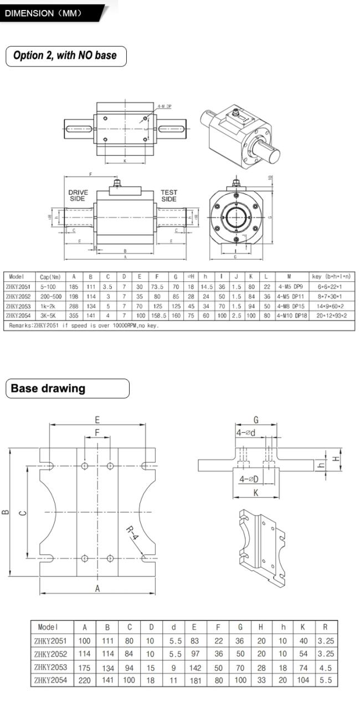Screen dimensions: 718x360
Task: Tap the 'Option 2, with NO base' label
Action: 65,56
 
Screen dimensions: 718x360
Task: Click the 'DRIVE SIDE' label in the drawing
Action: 78,196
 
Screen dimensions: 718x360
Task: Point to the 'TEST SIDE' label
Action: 169,196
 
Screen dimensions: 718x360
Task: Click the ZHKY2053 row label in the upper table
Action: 19,306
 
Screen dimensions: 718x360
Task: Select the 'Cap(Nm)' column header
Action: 50,276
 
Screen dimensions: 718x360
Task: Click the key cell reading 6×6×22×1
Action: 330,286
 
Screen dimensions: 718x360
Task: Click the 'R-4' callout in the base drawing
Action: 132,535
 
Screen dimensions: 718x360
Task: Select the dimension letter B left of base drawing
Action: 6,512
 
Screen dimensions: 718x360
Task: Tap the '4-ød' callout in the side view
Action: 246,432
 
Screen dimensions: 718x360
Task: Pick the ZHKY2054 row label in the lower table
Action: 51,680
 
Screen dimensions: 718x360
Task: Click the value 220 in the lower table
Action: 85,680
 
